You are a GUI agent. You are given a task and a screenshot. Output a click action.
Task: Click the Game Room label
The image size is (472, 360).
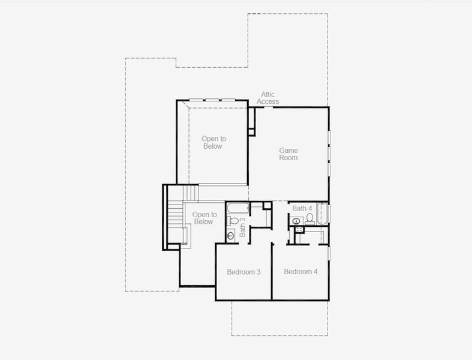coord(288,154)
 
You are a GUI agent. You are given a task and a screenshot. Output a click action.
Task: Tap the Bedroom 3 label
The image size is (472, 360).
coord(243,272)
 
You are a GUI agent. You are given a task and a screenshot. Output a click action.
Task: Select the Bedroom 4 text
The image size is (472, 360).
coord(300,272)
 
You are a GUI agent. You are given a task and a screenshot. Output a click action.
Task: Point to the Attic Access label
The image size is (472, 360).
coord(268,98)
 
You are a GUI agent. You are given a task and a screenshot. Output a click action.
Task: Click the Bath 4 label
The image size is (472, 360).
coord(302,208)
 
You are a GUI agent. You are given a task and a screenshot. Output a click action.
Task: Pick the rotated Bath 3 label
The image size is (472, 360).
coord(243,227)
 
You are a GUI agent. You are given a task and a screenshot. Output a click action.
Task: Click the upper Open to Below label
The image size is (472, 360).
coord(214,142)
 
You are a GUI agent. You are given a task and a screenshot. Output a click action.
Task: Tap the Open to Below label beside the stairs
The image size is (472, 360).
coord(204,218)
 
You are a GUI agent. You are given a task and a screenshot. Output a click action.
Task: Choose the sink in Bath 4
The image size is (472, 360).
coord(296,221)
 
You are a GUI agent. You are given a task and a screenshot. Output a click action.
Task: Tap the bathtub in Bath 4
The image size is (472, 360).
coord(323,213)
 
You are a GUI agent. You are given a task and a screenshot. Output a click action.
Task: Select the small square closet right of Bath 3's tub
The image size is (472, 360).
coord(267,205)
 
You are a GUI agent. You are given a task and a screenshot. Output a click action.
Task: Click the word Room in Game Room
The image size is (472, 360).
coord(288,158)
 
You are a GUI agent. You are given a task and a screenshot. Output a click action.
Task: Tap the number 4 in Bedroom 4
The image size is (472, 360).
coord(315,272)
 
